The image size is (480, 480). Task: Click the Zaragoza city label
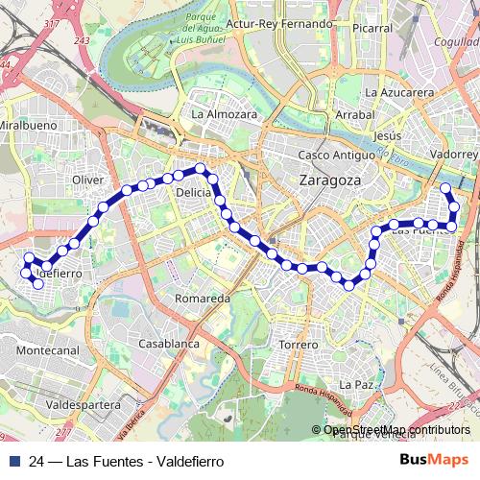point(330,180)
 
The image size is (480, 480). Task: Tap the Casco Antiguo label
point(333,155)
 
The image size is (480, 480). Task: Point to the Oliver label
point(87,180)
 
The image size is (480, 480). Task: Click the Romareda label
point(203,299)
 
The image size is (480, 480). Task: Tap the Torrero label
point(298,344)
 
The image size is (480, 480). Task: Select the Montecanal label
point(48,351)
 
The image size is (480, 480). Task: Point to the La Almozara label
point(225,113)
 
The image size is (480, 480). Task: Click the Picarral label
point(372,28)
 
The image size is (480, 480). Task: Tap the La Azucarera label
point(398,92)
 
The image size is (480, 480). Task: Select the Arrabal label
point(354,114)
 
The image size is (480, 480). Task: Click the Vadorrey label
point(454,154)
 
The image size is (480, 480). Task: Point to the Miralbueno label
point(28,126)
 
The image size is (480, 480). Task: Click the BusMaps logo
point(435,460)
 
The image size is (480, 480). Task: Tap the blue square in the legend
point(13,460)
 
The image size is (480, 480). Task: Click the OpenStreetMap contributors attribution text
point(396,430)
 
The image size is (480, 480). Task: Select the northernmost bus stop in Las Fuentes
point(445,188)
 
